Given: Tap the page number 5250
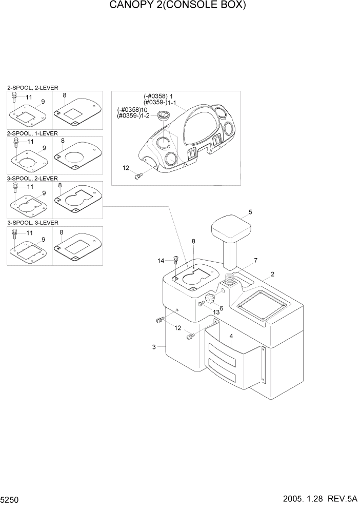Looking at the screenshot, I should pos(11,499).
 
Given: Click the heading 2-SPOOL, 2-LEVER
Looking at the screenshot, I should pos(32,88).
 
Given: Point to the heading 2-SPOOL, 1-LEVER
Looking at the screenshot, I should pos(32,133).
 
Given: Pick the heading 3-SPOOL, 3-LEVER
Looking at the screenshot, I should pos(32,223).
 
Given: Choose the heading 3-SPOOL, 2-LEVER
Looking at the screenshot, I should pos(32,178).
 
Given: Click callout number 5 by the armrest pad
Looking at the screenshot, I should pos(250,211).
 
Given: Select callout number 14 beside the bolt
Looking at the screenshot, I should pos(161,261).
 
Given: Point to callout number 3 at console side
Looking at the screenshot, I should pos(154,347).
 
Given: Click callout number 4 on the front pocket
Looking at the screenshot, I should pos(231,336).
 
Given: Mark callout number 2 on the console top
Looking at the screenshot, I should pos(272,274).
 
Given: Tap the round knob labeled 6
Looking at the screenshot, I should pos(210,299).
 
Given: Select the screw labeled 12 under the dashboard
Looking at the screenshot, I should pos(137,176).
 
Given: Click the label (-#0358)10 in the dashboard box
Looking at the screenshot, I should pos(133,110).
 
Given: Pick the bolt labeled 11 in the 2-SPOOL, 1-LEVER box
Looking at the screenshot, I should pos(16,141).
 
